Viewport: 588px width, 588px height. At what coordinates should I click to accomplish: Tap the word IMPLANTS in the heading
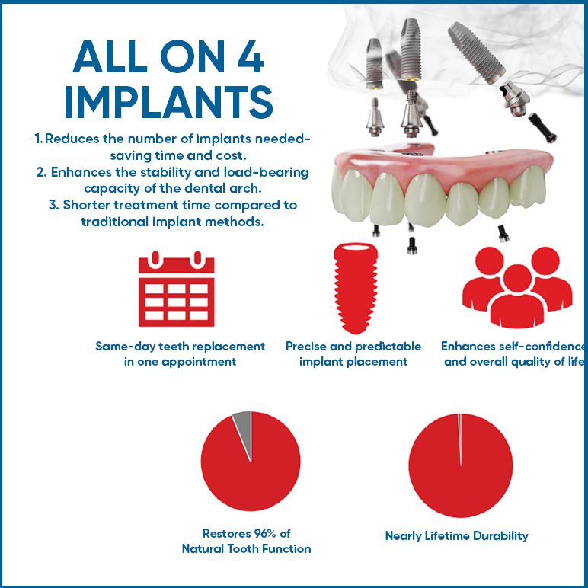pyautogui.click(x=169, y=101)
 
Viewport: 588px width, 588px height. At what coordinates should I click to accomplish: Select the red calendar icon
pyautogui.click(x=176, y=289)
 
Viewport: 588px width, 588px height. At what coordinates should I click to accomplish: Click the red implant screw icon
pyautogui.click(x=356, y=288)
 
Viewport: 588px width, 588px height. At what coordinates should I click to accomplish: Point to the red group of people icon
pyautogui.click(x=517, y=287)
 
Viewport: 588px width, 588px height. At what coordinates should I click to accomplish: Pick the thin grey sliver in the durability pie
pyautogui.click(x=460, y=439)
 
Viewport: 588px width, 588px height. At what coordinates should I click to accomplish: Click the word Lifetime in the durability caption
pyautogui.click(x=446, y=536)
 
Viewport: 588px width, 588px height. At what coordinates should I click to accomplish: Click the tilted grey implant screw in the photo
pyautogui.click(x=477, y=53)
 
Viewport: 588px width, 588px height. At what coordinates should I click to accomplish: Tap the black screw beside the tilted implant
pyautogui.click(x=542, y=128)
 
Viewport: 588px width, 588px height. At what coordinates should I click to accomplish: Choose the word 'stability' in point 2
pyautogui.click(x=166, y=172)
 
